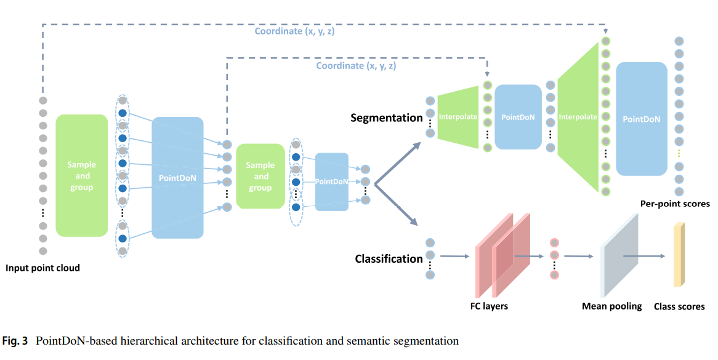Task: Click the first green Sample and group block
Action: pyautogui.click(x=81, y=175)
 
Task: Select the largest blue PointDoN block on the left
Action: pyautogui.click(x=177, y=177)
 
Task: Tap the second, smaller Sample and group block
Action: pyautogui.click(x=260, y=176)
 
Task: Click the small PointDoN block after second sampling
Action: pyautogui.click(x=331, y=182)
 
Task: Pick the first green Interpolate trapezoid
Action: pyautogui.click(x=458, y=117)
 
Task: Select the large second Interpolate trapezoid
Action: pyautogui.click(x=578, y=117)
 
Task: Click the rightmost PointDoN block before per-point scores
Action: pyautogui.click(x=641, y=119)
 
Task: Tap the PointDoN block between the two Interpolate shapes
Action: pyautogui.click(x=517, y=117)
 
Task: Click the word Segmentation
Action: pyautogui.click(x=386, y=118)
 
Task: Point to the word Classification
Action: pyautogui.click(x=389, y=258)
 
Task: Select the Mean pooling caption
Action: pyautogui.click(x=611, y=306)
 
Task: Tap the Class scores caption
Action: pyautogui.click(x=679, y=306)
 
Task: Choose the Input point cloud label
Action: pyautogui.click(x=42, y=268)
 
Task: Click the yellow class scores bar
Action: pyautogui.click(x=679, y=255)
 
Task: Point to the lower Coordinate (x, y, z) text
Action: pyautogui.click(x=356, y=65)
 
